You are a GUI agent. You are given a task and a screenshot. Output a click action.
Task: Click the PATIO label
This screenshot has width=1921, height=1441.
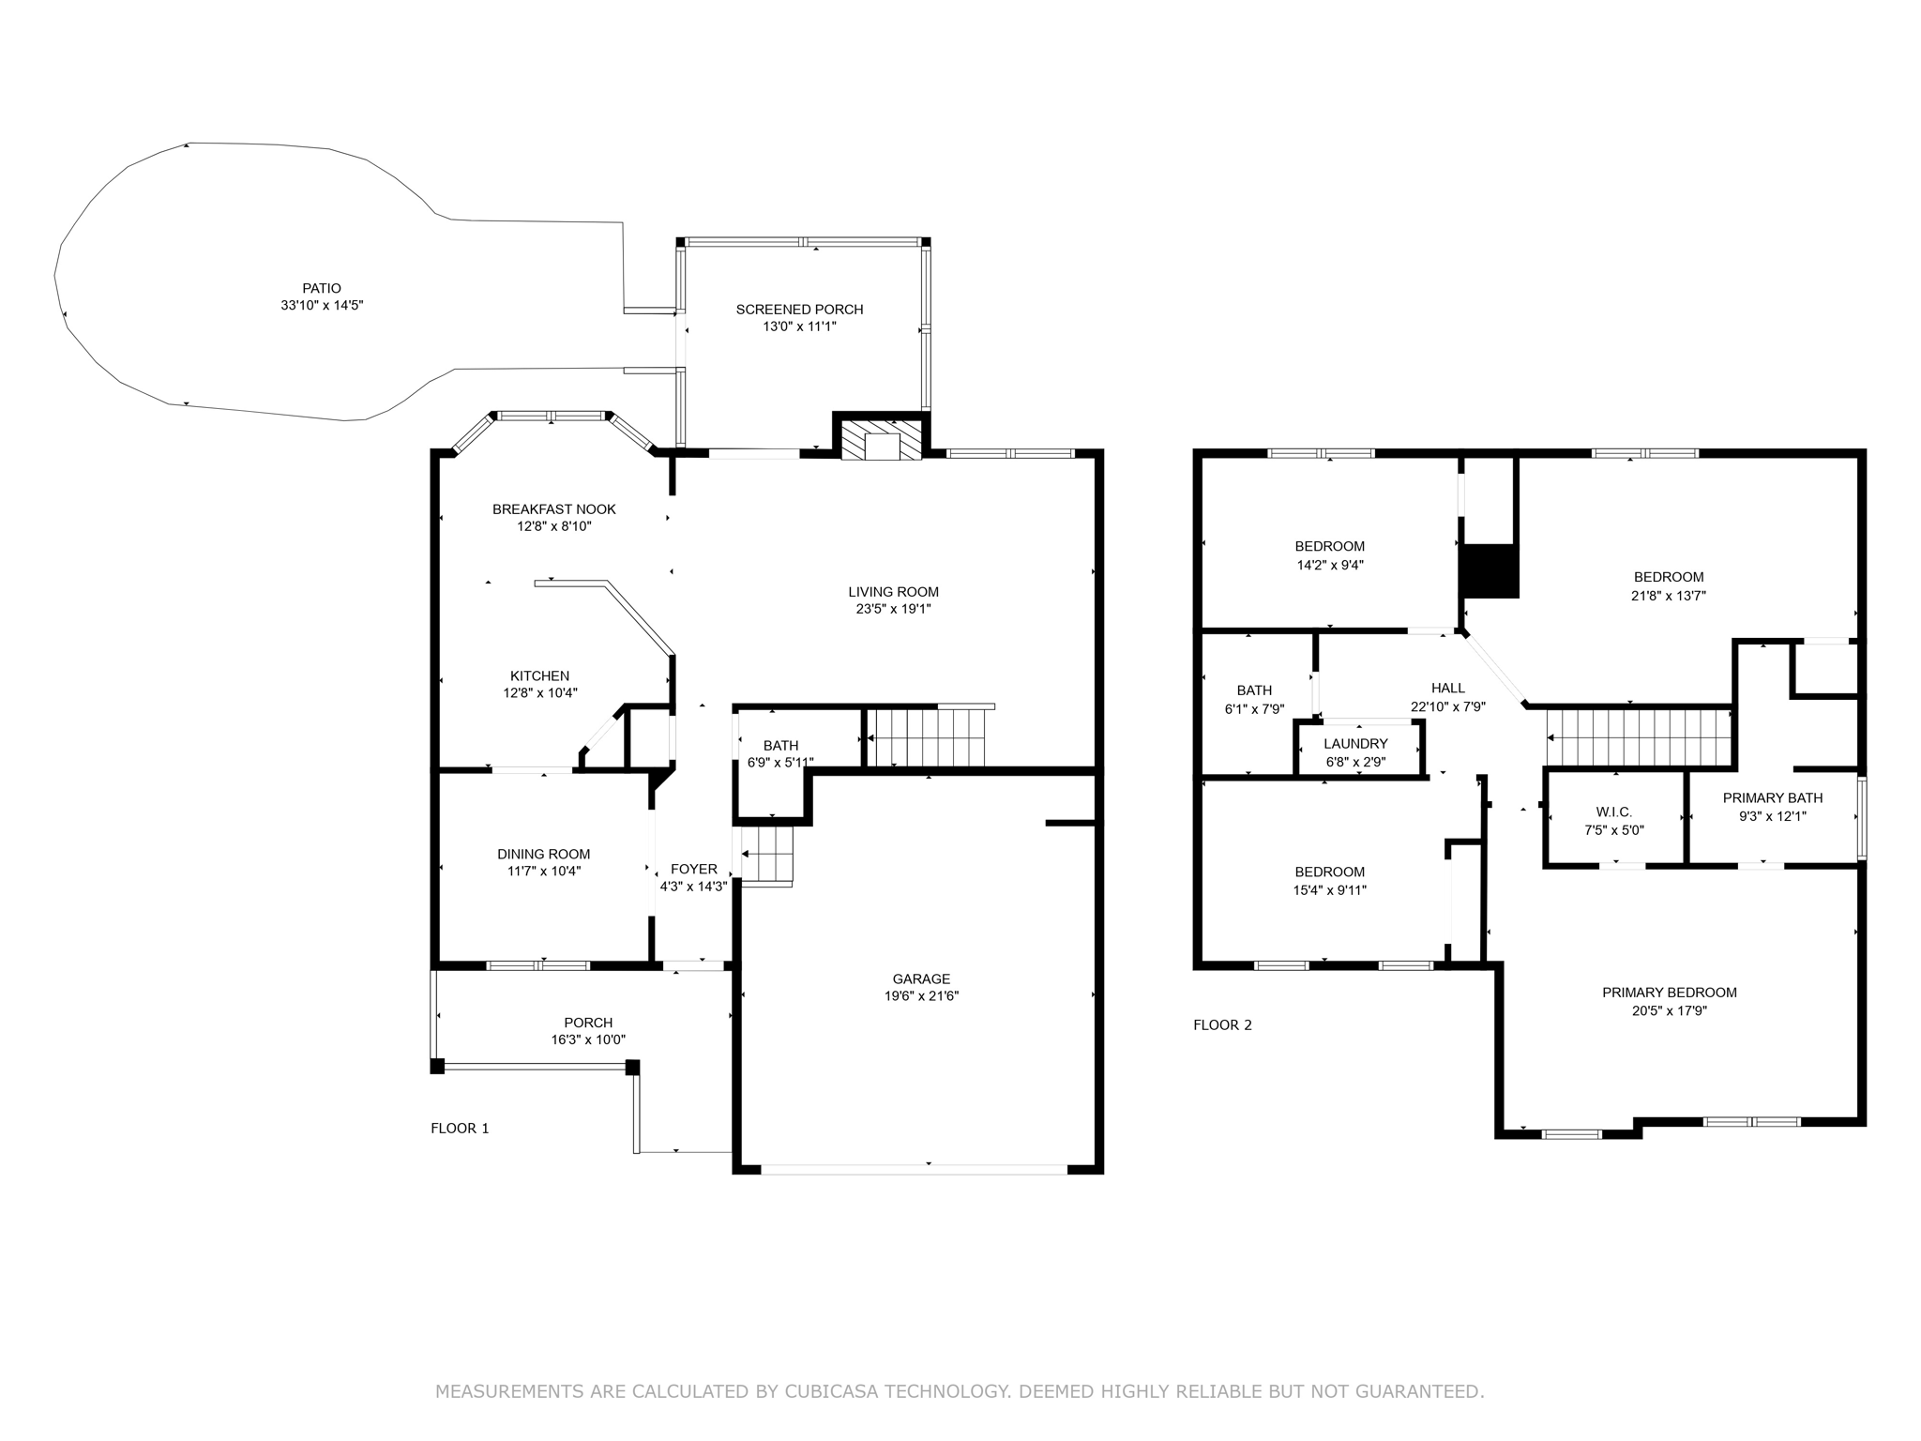point(321,288)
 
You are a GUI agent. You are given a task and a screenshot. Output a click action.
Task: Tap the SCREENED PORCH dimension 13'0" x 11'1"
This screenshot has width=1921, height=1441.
point(799,326)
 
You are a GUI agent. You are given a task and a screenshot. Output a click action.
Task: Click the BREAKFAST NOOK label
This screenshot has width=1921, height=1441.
point(553,509)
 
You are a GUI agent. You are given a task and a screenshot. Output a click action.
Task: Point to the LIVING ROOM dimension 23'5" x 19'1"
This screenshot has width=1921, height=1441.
point(893,609)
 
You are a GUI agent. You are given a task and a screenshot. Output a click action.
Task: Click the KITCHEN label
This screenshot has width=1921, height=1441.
point(539,675)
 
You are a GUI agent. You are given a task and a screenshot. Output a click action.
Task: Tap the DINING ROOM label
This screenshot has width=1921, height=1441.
point(543,854)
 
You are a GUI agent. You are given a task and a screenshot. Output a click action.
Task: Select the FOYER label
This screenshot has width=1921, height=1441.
point(693,870)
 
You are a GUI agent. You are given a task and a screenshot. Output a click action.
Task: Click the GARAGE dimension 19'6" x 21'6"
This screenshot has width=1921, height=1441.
point(921,996)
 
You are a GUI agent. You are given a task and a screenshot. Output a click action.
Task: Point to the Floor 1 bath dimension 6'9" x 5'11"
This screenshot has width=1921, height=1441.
point(779,763)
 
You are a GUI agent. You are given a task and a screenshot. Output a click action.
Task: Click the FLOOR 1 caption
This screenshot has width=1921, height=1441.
point(460,1129)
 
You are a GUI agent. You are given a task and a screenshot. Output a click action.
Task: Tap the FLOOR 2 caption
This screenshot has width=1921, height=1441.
point(1222,1025)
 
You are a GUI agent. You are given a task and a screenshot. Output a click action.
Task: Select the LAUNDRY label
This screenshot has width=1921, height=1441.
point(1355,744)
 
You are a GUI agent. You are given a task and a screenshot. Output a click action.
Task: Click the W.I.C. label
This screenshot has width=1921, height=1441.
point(1613,812)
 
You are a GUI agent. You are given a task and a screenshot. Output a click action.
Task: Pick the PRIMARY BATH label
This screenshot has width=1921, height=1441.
point(1772,798)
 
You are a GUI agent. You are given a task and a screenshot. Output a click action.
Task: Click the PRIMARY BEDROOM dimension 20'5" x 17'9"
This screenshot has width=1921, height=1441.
point(1669,1011)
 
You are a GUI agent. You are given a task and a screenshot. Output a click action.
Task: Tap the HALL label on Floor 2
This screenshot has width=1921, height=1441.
point(1447,689)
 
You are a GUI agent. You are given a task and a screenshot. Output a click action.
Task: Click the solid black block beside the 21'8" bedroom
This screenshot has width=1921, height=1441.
point(1490,571)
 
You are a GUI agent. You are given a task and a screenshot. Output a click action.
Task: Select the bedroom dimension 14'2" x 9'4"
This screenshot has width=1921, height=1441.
point(1329,565)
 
